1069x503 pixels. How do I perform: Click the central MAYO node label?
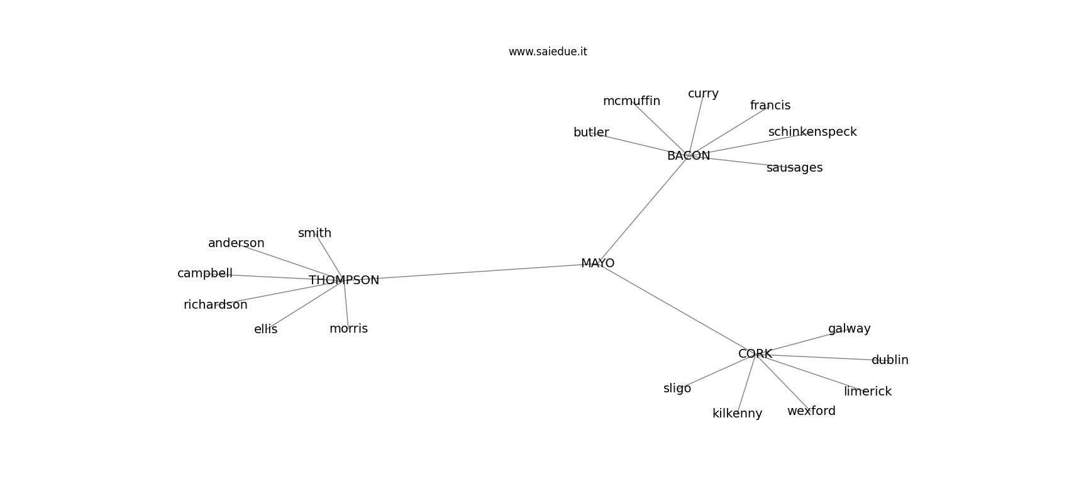point(597,263)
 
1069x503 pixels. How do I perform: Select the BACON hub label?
point(688,155)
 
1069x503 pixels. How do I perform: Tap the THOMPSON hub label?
point(343,280)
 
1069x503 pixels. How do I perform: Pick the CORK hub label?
point(755,353)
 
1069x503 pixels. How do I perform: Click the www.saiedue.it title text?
point(548,52)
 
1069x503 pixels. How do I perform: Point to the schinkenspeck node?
point(812,131)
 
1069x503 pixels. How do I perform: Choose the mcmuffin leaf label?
point(631,101)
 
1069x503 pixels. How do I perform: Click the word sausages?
point(795,168)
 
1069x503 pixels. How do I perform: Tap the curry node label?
point(703,94)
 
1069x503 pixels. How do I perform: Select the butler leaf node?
point(591,132)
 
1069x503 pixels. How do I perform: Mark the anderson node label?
point(236,243)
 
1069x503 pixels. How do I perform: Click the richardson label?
point(216,304)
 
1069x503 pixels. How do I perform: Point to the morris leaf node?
point(348,328)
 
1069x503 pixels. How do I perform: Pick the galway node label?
point(850,329)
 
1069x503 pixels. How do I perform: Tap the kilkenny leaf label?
point(738,413)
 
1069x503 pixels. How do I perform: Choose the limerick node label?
point(868,391)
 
